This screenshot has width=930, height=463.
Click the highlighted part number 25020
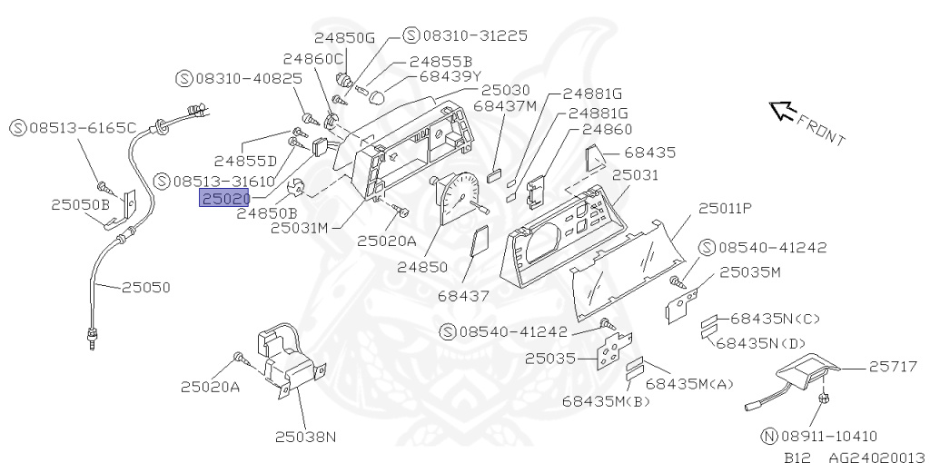click(225, 198)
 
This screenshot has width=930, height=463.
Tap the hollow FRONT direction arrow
click(780, 111)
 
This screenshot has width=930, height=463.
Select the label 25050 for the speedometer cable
click(146, 288)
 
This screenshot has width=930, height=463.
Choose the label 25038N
click(306, 437)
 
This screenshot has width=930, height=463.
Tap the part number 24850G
click(344, 37)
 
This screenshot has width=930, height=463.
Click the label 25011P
click(725, 209)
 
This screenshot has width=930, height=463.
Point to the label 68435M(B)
click(606, 400)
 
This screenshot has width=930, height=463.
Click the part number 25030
click(505, 91)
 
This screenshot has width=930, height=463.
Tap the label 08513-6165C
click(82, 127)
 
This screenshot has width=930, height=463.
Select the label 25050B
click(80, 204)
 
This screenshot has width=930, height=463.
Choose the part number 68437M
click(505, 106)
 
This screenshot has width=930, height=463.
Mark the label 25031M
click(299, 227)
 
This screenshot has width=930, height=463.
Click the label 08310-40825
click(248, 78)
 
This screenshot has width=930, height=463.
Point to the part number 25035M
click(750, 271)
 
